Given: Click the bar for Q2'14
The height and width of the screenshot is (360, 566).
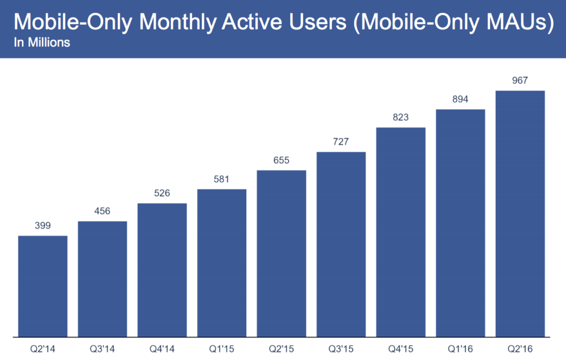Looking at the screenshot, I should click(x=43, y=286).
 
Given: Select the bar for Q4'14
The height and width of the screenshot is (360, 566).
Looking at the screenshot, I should click(x=162, y=269).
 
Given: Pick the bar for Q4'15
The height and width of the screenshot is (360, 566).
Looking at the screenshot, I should click(x=401, y=232).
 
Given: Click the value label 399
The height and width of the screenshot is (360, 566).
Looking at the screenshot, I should click(x=43, y=226).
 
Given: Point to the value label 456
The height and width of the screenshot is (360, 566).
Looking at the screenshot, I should click(x=102, y=211).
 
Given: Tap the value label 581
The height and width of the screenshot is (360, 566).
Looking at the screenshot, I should click(x=222, y=179).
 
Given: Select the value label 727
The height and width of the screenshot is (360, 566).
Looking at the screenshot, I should click(x=341, y=142).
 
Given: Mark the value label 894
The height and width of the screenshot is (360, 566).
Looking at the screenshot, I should click(x=460, y=99).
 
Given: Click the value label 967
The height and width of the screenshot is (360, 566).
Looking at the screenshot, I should click(x=520, y=80).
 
